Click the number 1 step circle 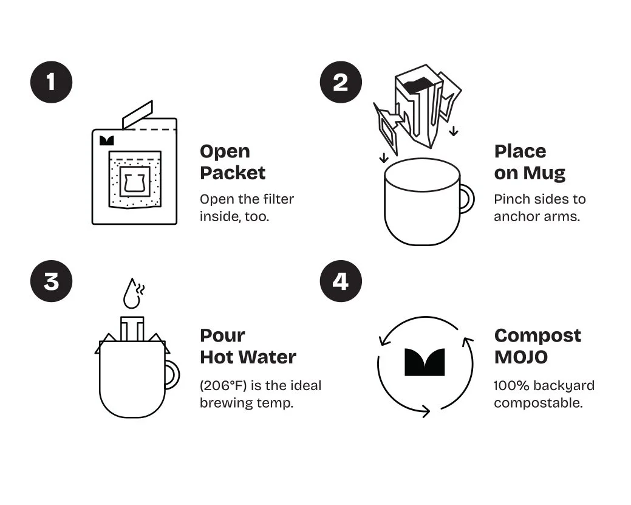click(x=52, y=82)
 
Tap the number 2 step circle click(x=341, y=82)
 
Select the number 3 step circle click(x=52, y=281)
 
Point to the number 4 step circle click(x=341, y=281)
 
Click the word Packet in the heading click(x=233, y=173)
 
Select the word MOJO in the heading click(x=520, y=357)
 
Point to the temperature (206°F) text click(x=223, y=385)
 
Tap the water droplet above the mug click(x=131, y=294)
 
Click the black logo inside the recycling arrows click(x=425, y=362)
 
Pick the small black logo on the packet click(x=107, y=140)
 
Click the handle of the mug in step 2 click(x=468, y=199)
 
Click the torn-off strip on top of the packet click(x=138, y=115)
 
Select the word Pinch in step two click(x=510, y=199)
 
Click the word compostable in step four click(x=539, y=403)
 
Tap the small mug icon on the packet click(x=135, y=182)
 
